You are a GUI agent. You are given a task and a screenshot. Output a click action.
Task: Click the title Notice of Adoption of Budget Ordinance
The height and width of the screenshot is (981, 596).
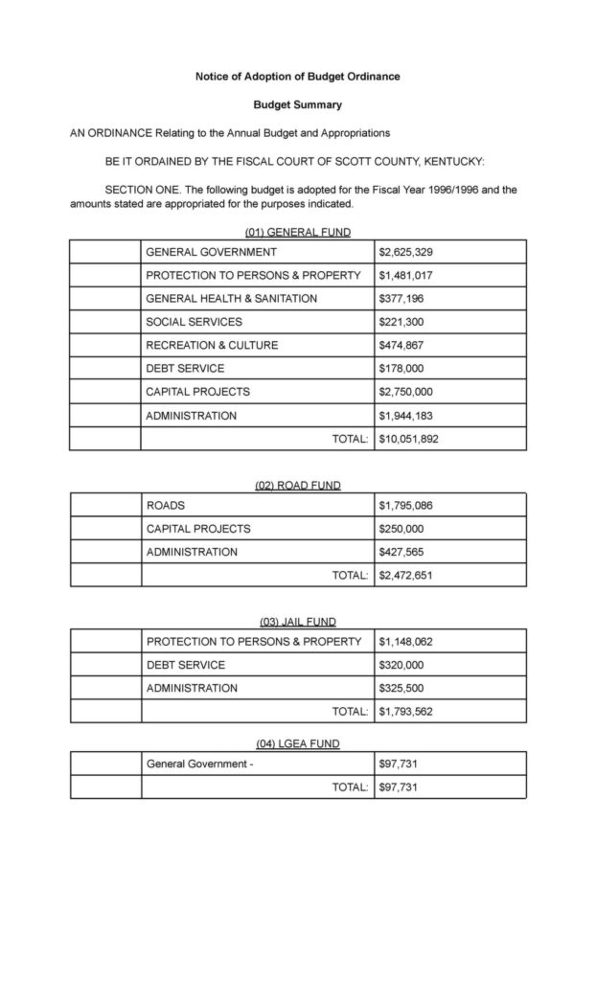297,76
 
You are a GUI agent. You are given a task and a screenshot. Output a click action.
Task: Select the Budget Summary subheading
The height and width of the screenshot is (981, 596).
297,104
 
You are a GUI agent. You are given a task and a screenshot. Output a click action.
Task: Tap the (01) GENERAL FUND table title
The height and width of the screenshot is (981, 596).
297,232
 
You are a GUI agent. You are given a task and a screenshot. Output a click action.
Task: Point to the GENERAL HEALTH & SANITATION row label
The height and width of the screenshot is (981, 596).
231,299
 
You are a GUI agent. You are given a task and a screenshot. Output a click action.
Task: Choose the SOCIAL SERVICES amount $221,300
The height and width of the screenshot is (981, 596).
402,322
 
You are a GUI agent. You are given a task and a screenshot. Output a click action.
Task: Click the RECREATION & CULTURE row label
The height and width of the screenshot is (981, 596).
212,345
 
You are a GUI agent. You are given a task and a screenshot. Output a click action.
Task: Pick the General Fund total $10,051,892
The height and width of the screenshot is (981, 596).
409,439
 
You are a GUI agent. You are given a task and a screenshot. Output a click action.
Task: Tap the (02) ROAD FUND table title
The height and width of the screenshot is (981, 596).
297,486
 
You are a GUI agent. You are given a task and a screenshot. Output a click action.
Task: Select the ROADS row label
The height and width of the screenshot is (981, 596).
166,505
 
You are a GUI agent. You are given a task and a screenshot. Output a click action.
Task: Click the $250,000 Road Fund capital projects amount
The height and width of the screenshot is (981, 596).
402,529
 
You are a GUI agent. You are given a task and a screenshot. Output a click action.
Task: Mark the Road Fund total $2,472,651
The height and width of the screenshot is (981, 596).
406,576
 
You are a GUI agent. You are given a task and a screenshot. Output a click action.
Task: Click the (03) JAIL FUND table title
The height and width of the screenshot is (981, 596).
297,622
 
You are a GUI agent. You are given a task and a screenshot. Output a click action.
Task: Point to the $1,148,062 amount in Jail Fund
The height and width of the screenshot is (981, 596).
409,641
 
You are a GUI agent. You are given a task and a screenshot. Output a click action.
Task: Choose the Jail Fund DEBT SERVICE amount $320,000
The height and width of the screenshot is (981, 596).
402,665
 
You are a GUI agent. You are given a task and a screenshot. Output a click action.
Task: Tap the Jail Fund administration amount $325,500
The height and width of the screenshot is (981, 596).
402,688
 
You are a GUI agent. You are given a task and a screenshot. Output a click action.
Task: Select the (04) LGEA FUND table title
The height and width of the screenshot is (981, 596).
297,744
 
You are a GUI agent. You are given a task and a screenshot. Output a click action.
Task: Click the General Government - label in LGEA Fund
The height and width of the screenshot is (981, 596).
199,764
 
